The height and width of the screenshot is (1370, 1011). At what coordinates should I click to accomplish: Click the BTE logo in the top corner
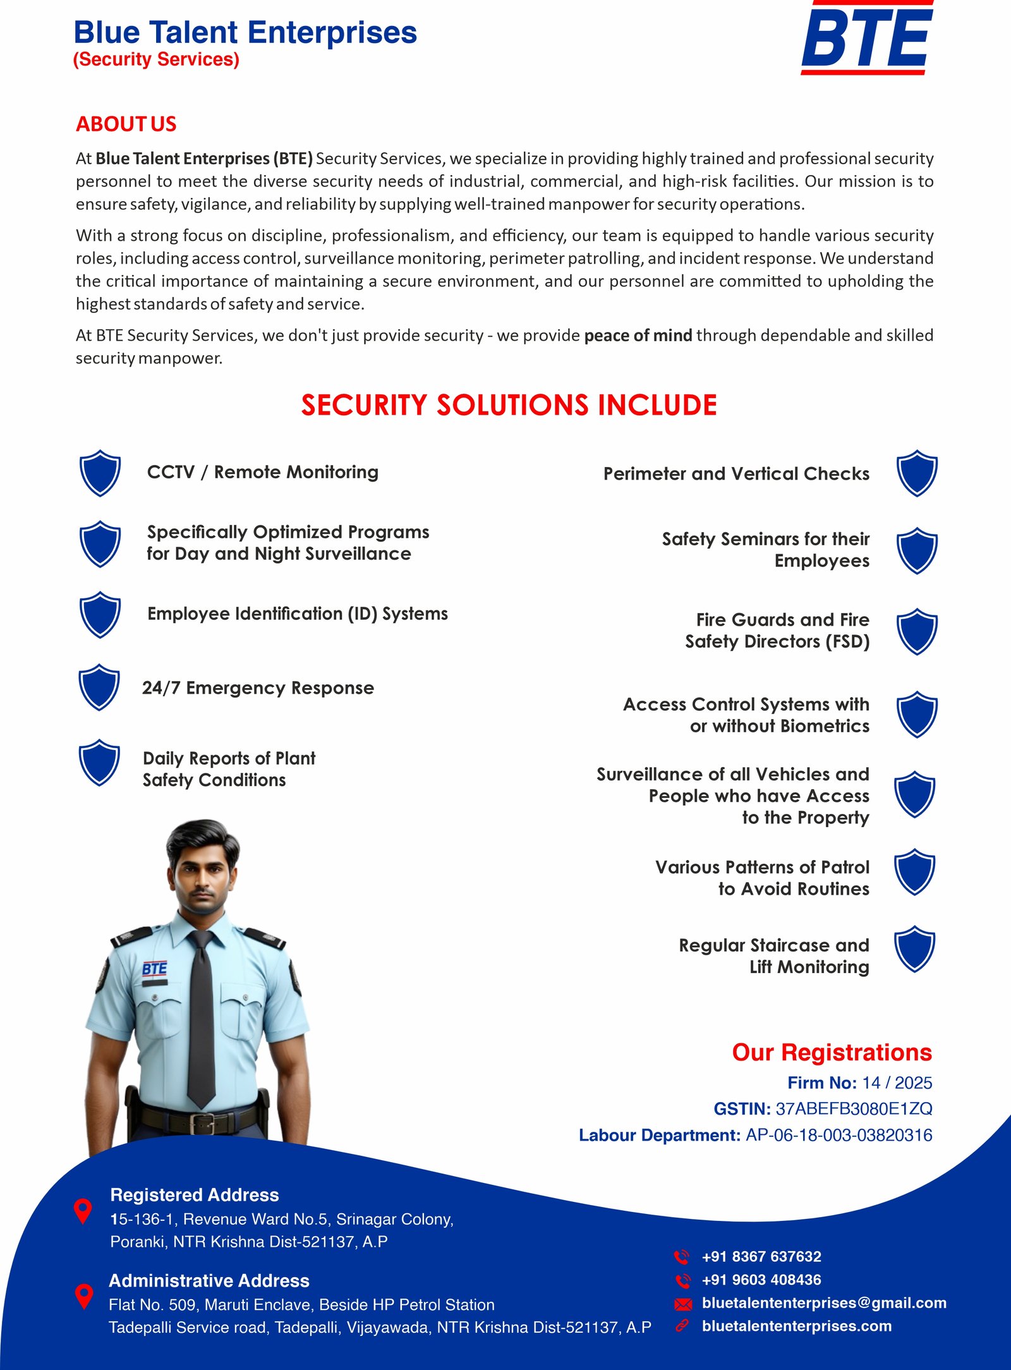click(x=867, y=38)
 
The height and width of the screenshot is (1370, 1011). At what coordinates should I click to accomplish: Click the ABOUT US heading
click(x=126, y=124)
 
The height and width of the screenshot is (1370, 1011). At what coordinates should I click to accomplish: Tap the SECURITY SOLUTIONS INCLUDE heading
click(x=509, y=405)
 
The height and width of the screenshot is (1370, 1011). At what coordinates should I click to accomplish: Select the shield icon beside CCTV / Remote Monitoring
click(x=100, y=473)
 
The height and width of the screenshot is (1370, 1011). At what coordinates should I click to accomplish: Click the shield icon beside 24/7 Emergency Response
click(x=99, y=687)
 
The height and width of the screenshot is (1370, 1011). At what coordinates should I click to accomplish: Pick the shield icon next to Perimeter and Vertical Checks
click(x=917, y=473)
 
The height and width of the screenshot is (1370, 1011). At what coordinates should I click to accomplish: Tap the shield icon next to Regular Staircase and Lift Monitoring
click(x=914, y=949)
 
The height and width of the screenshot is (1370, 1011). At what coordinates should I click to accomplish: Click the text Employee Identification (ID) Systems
click(x=298, y=614)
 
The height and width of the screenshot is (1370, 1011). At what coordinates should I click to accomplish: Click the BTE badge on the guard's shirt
click(x=155, y=969)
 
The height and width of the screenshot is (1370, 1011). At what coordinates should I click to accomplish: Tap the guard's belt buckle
click(x=203, y=1124)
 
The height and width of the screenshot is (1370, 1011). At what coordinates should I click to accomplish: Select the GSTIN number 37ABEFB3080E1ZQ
click(x=854, y=1108)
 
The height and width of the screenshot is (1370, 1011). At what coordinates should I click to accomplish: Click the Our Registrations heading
click(x=832, y=1052)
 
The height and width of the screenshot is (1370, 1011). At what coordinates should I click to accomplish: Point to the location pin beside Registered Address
click(x=83, y=1210)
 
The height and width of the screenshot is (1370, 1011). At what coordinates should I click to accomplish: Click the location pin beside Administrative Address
click(x=84, y=1295)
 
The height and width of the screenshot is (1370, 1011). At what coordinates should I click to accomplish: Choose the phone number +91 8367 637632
click(x=761, y=1256)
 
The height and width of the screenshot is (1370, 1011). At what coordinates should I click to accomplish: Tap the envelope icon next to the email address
click(x=683, y=1304)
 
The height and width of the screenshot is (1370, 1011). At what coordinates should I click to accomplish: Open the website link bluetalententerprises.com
click(x=796, y=1326)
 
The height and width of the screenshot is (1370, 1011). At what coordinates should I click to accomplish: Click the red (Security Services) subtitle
click(x=156, y=59)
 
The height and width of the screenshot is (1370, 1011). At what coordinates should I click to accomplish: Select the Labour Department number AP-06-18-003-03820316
click(x=838, y=1135)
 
